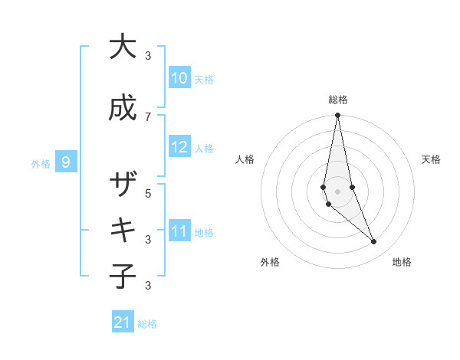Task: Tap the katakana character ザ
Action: tap(122, 185)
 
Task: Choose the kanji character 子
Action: tap(122, 277)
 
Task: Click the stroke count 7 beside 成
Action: tap(148, 116)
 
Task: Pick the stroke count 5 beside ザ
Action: tap(148, 193)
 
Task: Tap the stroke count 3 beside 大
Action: tap(148, 55)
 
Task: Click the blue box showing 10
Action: tap(179, 78)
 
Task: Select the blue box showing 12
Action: tap(179, 147)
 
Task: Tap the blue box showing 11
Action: tap(179, 231)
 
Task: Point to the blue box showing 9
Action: tap(66, 162)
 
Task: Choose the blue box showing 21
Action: tap(123, 323)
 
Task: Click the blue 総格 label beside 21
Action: tap(147, 324)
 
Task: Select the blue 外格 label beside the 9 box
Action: tap(41, 163)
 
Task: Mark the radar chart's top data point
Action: tap(337, 116)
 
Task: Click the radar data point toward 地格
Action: tap(374, 242)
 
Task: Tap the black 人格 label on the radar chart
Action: tap(245, 159)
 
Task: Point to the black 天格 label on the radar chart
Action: tap(432, 159)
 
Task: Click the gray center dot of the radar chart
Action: tap(337, 191)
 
